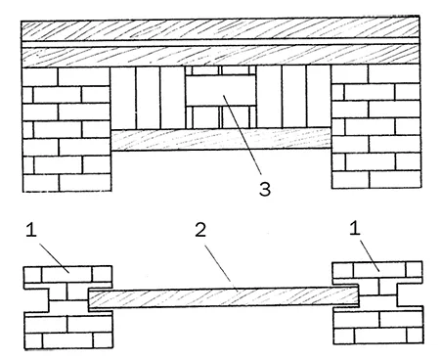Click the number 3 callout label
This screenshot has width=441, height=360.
(265, 189)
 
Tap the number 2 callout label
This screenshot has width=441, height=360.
(200, 230)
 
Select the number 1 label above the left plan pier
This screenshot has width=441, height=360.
(31, 230)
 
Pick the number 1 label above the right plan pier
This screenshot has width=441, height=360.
(355, 228)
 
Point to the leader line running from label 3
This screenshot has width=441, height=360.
(242, 134)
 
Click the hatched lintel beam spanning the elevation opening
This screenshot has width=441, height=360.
(221, 139)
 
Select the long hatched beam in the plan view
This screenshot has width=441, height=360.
(224, 297)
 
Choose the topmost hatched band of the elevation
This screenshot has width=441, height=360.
(220, 28)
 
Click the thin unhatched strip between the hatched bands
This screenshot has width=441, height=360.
(220, 43)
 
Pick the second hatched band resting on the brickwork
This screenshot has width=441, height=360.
(220, 56)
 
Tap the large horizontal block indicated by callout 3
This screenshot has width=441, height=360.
(221, 90)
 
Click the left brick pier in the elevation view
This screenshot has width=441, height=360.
(66, 129)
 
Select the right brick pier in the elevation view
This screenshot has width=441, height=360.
(376, 126)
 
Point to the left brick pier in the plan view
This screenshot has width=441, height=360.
(68, 307)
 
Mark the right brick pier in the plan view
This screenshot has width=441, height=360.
(378, 302)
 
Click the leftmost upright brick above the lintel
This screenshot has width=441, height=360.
(123, 98)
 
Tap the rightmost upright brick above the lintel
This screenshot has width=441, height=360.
(319, 96)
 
